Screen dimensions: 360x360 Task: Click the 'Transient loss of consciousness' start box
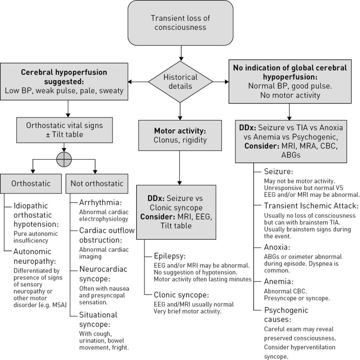coord(180,23)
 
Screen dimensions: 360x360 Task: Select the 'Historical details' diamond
coord(180,82)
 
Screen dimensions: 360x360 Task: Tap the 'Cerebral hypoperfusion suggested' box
coord(64,81)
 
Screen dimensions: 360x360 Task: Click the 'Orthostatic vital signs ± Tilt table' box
coord(64,130)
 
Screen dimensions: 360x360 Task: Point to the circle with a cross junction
coord(64,160)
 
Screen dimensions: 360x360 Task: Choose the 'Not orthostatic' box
coord(97,183)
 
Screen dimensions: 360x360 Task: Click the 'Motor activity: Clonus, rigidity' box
coord(180,136)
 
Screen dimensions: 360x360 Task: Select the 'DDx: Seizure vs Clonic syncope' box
coord(176,212)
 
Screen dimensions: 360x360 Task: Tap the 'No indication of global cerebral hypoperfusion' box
coord(290,81)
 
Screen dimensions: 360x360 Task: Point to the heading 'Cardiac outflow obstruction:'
coord(107,235)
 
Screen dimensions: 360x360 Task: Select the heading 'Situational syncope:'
coord(98,320)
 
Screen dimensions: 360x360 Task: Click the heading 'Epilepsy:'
coord(170,256)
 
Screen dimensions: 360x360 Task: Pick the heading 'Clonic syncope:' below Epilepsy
coord(181,295)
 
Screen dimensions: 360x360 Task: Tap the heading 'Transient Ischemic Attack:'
coord(311,206)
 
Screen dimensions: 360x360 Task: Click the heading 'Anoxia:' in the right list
coord(277,247)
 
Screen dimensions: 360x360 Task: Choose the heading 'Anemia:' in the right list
coord(278,281)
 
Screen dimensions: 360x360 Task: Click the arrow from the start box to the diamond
coord(180,53)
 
